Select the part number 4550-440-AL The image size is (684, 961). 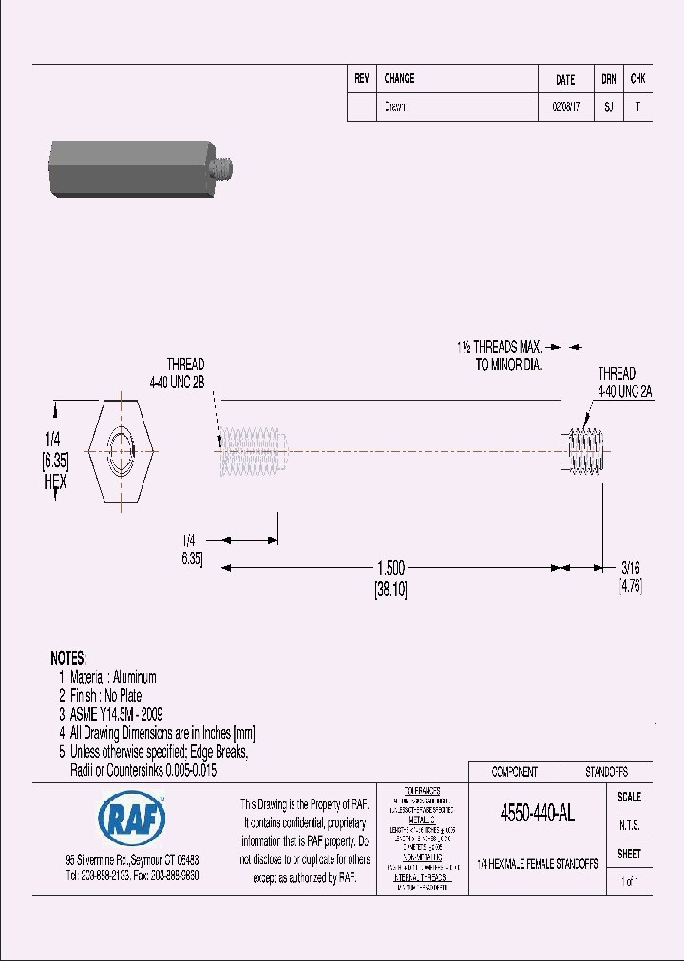pos(537,814)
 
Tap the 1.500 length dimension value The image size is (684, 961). pos(390,568)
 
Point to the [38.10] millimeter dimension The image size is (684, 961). pos(390,588)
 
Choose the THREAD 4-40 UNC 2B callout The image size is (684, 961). pos(185,373)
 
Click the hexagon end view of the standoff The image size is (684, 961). pos(122,447)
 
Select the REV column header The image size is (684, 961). pos(362,79)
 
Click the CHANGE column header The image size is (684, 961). pos(399,79)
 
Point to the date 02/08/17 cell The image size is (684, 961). pos(564,107)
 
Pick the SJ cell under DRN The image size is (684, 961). pos(608,107)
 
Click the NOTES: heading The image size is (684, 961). pos(68,658)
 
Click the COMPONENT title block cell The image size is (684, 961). pos(514,772)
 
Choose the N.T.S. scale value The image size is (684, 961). pos(629,826)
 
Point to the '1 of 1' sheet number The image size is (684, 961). pos(629,882)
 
